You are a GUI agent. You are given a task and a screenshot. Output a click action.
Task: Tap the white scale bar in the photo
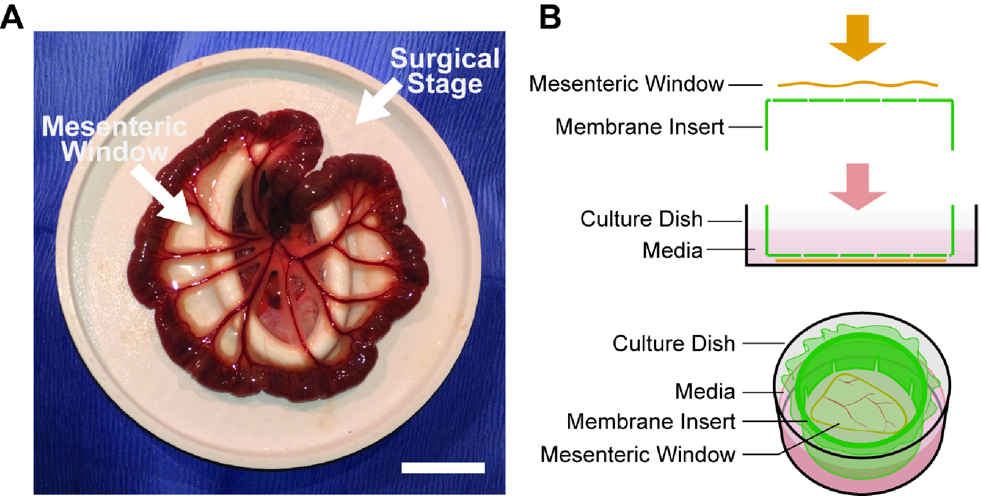(443, 467)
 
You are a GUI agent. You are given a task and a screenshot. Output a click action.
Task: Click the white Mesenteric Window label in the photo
(115, 139)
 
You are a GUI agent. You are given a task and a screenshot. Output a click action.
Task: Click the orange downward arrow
(857, 37)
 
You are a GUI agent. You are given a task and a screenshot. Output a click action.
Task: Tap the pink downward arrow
(857, 185)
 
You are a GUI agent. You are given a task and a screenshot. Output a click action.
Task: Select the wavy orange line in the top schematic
(857, 84)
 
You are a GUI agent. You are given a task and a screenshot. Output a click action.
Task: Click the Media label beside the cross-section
(672, 250)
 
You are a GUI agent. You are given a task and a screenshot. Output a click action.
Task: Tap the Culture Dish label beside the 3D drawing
(673, 344)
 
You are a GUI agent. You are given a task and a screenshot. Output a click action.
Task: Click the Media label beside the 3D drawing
(705, 391)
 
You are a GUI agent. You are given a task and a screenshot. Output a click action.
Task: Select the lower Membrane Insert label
(651, 421)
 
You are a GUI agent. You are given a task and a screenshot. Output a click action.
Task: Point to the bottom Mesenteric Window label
(638, 454)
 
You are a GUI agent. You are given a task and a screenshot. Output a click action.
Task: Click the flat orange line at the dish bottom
(860, 261)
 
